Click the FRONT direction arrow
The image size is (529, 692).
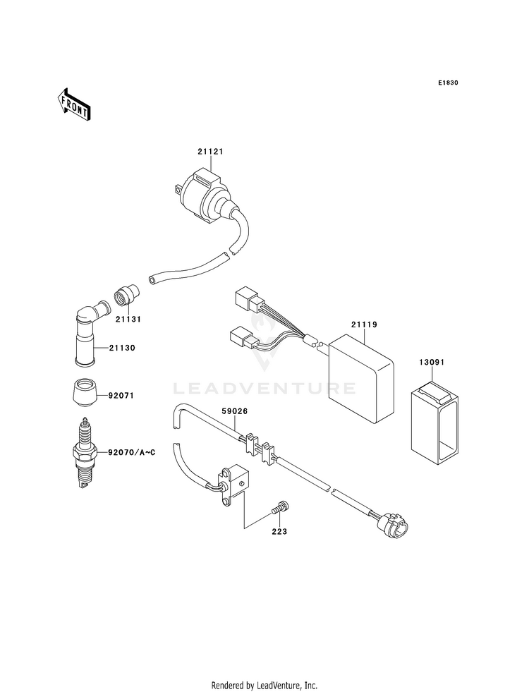(73, 104)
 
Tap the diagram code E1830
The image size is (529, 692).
(448, 83)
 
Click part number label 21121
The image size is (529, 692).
(210, 152)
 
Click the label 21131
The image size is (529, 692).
(128, 319)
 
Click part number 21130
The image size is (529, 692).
(123, 348)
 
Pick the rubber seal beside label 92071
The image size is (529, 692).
(84, 391)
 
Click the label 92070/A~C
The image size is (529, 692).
(131, 452)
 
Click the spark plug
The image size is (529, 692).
(84, 453)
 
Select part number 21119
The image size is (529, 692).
(365, 324)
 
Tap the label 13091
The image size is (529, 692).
(432, 363)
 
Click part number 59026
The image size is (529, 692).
(234, 411)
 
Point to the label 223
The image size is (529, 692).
(279, 532)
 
